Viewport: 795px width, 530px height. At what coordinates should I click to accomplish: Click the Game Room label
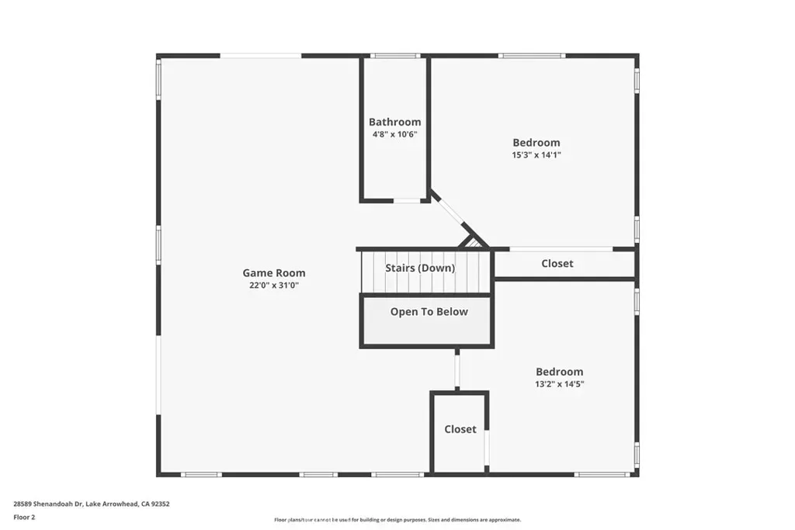pos(274,272)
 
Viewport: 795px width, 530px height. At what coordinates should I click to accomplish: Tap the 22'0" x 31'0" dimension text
pos(274,286)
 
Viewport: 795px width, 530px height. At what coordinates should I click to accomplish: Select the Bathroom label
pos(395,122)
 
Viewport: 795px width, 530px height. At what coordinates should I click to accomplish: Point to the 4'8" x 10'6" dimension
pos(395,134)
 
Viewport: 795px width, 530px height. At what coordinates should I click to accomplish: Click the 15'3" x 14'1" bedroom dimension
pos(536,155)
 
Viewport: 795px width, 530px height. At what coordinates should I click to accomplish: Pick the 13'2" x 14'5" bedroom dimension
pos(560,384)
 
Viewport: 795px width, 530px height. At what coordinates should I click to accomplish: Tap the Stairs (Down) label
pos(420,268)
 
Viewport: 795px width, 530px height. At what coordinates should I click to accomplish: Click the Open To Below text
pos(429,312)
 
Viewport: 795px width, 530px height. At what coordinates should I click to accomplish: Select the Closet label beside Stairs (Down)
pos(557,264)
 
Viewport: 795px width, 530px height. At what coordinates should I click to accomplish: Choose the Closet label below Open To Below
pos(460,429)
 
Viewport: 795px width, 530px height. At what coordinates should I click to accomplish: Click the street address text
pos(92,504)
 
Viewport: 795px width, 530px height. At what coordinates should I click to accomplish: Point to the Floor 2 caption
pos(24,518)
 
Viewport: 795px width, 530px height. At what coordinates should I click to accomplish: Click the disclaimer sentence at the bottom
pos(397,520)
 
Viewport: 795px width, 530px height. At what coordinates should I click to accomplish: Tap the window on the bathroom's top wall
pos(395,56)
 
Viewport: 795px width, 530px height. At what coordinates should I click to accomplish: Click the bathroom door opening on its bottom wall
pos(407,201)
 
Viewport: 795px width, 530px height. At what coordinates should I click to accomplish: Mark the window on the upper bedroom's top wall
pos(532,56)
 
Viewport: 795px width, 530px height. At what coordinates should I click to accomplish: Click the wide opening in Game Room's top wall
pos(261,56)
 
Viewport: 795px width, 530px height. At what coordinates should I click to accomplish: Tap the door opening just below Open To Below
pos(457,371)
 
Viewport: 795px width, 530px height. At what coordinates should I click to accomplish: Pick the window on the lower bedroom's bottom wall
pos(602,474)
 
